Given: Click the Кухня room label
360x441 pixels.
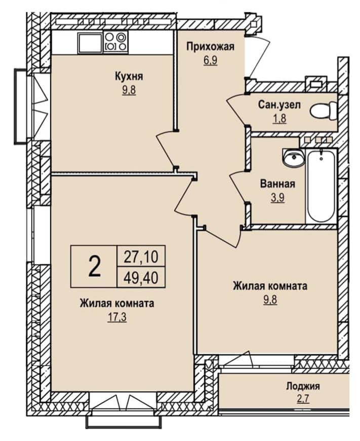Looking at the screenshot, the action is point(129,77).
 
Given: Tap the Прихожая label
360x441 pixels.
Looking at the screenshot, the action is point(210,47).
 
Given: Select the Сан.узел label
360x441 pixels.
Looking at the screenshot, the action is point(279,105).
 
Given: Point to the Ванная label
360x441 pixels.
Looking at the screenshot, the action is point(277,184).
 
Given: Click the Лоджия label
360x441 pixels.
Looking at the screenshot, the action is point(303,386).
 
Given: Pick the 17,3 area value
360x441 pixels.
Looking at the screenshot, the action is point(117,317).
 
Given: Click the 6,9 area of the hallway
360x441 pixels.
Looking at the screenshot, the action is point(211,60).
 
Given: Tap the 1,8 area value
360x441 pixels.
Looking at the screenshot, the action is point(279,119).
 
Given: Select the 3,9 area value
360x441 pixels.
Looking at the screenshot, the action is point(277,198).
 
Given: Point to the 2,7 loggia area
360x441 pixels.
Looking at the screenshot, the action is point(303,399).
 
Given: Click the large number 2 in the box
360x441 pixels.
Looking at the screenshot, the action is point(94,267).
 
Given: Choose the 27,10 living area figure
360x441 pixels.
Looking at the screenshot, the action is point(141,256).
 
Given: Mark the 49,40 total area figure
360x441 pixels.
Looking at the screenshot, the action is point(141,278).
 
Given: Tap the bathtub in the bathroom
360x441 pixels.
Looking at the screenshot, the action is point(322,186).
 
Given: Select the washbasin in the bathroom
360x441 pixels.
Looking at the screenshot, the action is point(293,157).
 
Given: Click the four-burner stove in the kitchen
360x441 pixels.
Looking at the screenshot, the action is point(115,42).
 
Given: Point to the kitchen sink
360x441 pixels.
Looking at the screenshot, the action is point(90,43).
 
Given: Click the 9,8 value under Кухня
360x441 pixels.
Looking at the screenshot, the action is point(129,90).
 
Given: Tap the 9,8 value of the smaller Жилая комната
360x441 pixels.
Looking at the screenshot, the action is point(270,300).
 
